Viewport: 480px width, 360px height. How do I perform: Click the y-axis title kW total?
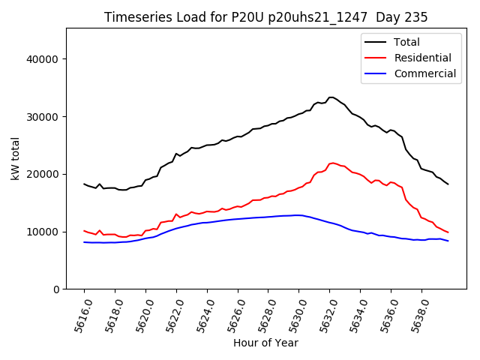tap(15, 159)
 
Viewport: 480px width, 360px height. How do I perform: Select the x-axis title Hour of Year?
tap(265, 343)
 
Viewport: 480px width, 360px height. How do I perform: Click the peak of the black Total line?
tap(331, 97)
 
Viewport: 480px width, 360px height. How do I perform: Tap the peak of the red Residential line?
tap(331, 163)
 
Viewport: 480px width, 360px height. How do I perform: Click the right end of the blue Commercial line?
tap(448, 241)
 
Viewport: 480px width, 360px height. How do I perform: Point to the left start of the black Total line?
tap(84, 184)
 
